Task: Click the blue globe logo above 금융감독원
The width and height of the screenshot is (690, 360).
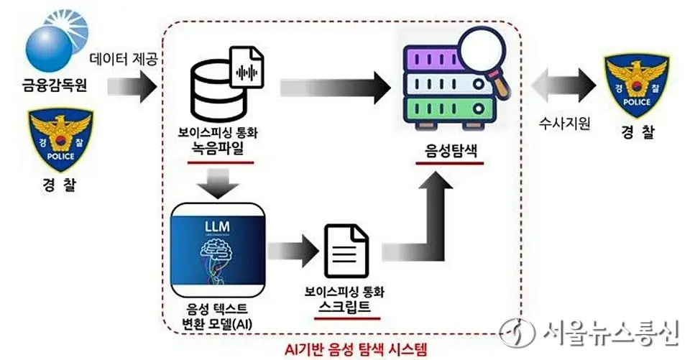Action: pos(52,42)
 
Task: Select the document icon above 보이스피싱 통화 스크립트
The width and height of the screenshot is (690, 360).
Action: pos(346,251)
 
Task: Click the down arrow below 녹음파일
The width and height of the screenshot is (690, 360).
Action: pos(218,183)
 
